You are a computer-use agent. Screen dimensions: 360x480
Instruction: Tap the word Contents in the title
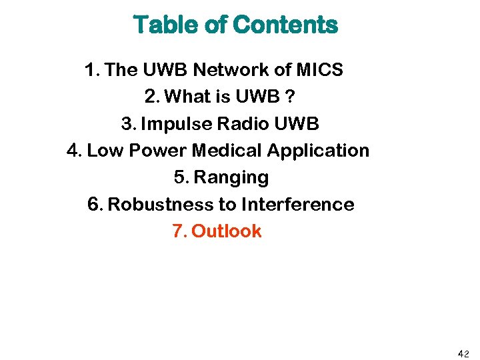pyautogui.click(x=285, y=25)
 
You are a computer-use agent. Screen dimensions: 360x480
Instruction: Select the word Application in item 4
pyautogui.click(x=319, y=151)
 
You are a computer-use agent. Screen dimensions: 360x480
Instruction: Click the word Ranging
pyautogui.click(x=231, y=178)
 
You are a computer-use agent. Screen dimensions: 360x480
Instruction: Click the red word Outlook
pyautogui.click(x=226, y=231)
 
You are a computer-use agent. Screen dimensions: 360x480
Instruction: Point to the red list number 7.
pyautogui.click(x=178, y=231)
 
